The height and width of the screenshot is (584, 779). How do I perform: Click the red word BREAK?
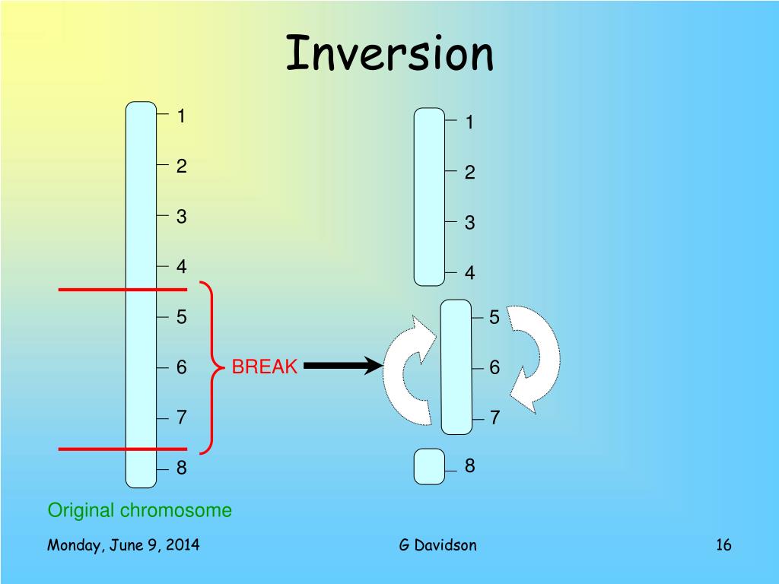(x=264, y=367)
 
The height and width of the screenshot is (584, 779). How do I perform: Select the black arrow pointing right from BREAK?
(x=342, y=367)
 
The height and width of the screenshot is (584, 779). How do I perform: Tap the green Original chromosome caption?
(x=140, y=510)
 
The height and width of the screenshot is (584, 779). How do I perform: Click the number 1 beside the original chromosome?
(x=182, y=116)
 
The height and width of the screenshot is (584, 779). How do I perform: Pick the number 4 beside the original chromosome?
(x=182, y=267)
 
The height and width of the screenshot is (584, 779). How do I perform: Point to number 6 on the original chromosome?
(x=182, y=367)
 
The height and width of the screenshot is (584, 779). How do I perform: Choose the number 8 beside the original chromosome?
(x=182, y=468)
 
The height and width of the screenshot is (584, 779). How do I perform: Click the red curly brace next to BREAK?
(x=209, y=367)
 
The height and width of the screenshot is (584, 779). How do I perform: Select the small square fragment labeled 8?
(x=429, y=466)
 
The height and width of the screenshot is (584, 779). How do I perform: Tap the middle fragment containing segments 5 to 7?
(x=456, y=367)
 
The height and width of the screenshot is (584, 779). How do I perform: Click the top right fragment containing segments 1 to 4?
(x=429, y=197)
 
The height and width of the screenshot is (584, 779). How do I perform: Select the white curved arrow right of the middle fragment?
(x=536, y=357)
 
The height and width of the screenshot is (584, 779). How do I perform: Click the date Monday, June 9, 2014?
(x=123, y=544)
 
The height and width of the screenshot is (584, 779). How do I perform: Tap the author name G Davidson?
(x=437, y=544)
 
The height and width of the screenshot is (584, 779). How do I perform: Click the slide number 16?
(x=723, y=544)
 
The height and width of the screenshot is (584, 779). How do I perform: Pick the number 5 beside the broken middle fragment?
(x=494, y=318)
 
